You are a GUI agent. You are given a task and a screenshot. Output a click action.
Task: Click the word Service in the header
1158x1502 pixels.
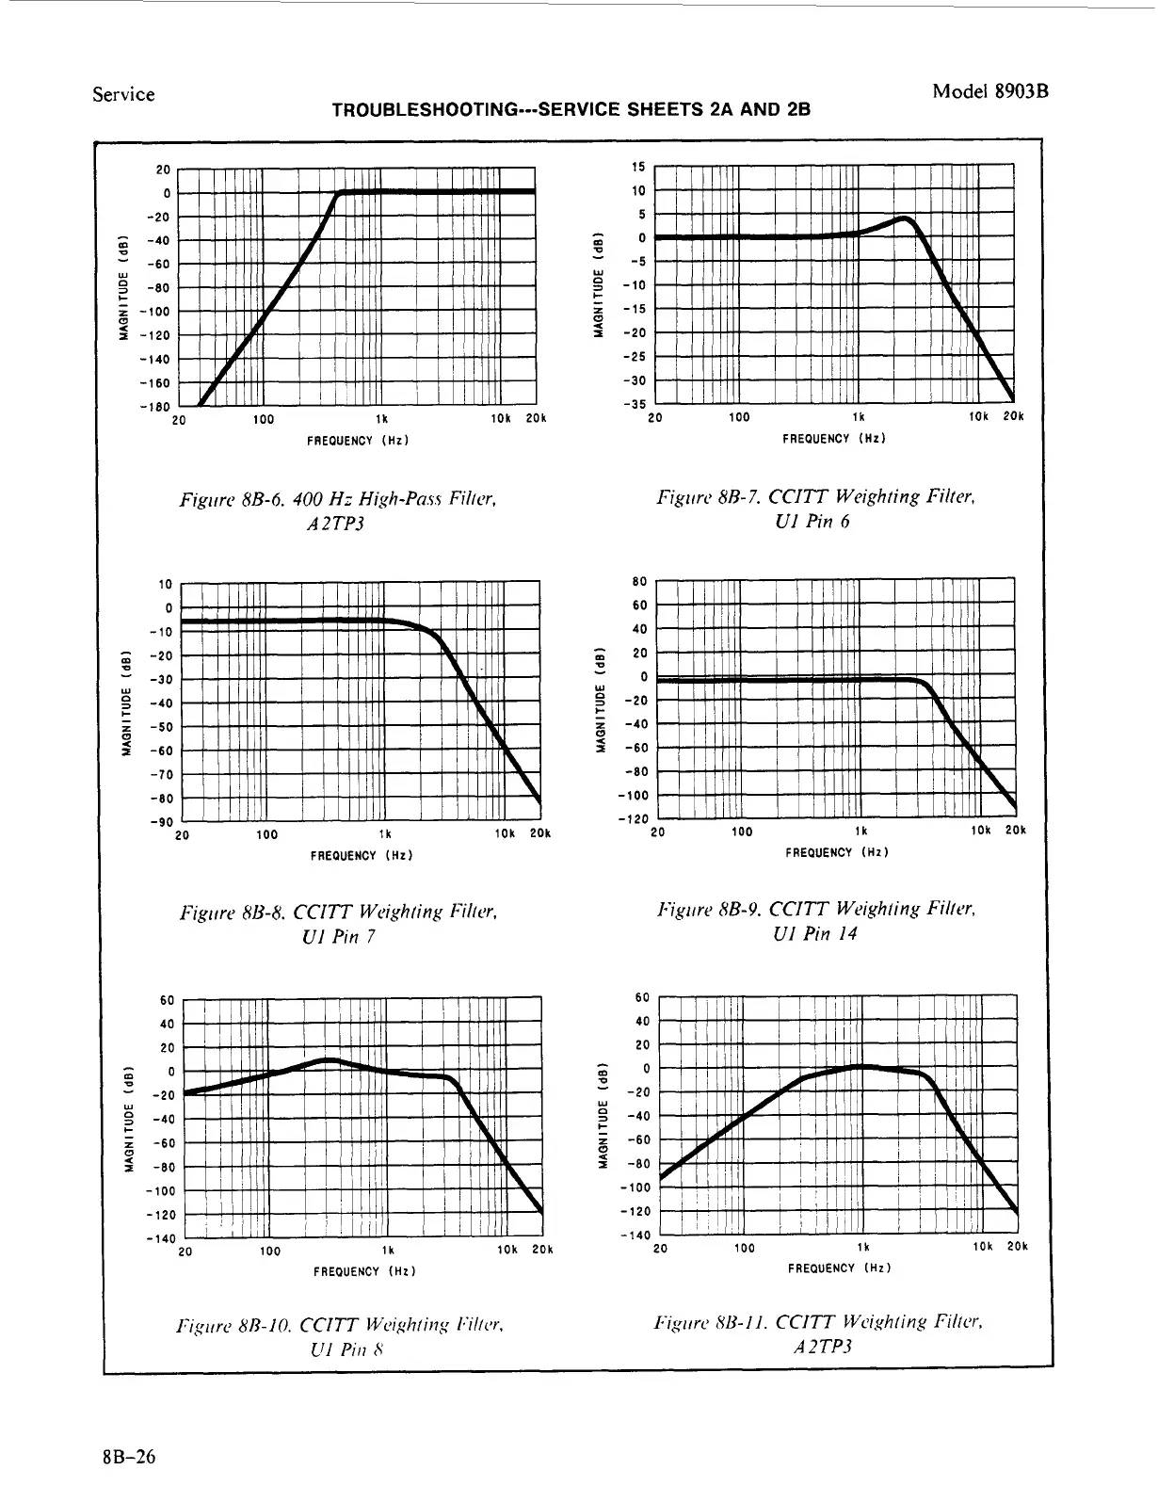[123, 94]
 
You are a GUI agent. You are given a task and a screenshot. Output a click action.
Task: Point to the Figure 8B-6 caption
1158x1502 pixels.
[337, 509]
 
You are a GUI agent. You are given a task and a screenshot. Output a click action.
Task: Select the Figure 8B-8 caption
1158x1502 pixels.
[337, 924]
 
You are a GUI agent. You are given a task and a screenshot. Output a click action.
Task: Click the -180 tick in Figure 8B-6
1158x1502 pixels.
[156, 407]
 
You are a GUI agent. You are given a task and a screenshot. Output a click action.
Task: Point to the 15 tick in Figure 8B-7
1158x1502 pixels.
[637, 167]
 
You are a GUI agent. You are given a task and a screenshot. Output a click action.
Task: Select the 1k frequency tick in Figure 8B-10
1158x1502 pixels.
[387, 1251]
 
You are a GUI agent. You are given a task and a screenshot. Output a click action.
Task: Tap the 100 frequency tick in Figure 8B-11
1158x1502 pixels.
[744, 1248]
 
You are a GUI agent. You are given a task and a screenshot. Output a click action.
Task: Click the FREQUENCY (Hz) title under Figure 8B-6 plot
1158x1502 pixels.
[358, 440]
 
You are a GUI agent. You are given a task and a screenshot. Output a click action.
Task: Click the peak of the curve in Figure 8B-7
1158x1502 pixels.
[905, 219]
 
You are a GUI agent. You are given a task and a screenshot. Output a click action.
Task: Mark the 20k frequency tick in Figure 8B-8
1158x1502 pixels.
[539, 834]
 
